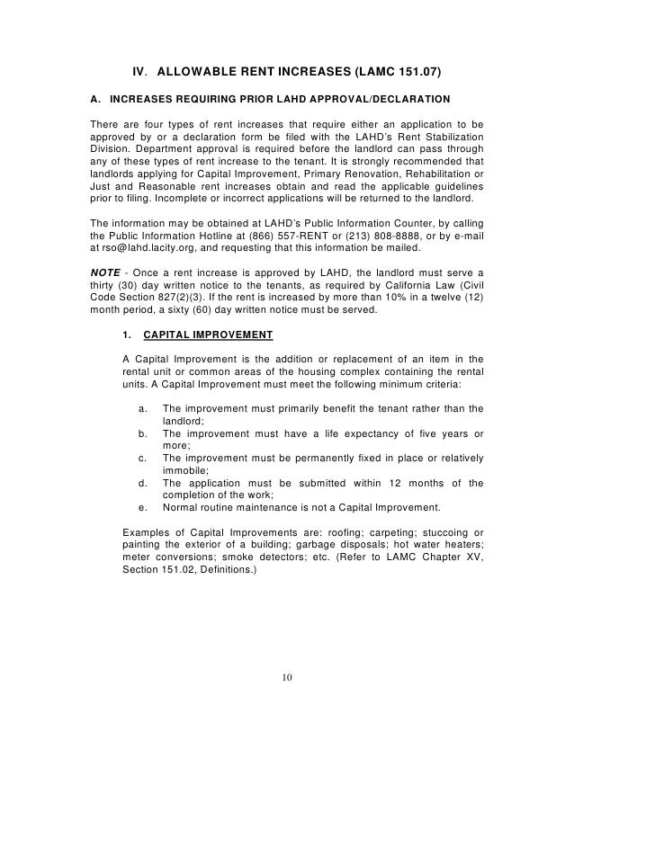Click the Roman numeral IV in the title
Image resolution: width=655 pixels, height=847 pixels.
coord(139,71)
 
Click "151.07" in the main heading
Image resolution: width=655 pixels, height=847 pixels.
coord(416,71)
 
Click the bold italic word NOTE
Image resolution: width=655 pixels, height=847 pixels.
coord(108,272)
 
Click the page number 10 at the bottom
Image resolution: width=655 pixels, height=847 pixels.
coord(287,677)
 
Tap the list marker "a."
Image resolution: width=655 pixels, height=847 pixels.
coord(144,408)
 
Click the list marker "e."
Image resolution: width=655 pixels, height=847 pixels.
coord(144,507)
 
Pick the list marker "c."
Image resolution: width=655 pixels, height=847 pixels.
coord(144,458)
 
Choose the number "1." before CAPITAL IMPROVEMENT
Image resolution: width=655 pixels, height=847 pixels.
coord(127,334)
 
